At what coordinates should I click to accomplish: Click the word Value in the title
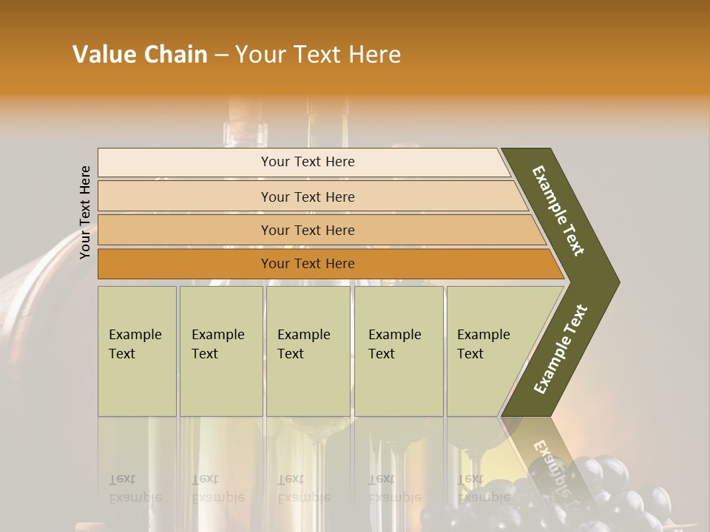(x=103, y=55)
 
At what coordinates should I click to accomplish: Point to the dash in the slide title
(x=221, y=55)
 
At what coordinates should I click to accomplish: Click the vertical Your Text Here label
(x=85, y=212)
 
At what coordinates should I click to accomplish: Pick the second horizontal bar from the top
(x=308, y=197)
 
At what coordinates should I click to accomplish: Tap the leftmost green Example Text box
(x=137, y=351)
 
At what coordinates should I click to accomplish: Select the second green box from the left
(x=221, y=351)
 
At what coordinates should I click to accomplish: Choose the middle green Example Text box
(x=308, y=351)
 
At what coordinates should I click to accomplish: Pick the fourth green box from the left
(x=399, y=351)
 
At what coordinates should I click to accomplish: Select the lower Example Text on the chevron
(x=560, y=349)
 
